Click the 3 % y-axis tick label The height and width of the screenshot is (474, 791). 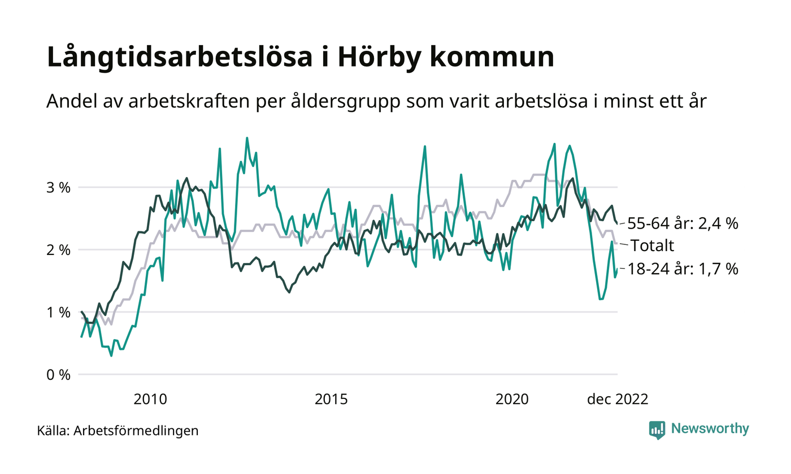(x=59, y=187)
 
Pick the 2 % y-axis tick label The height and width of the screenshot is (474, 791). (x=59, y=250)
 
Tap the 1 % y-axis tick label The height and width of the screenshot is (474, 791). (x=59, y=312)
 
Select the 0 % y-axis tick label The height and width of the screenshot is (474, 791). (x=59, y=375)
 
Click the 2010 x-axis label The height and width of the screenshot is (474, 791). (x=150, y=400)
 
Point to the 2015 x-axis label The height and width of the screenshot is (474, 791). (x=331, y=400)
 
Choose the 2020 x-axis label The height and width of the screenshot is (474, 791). (x=511, y=400)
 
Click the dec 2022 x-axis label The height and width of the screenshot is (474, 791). (x=617, y=400)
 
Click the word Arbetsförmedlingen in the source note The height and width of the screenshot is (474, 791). (x=136, y=431)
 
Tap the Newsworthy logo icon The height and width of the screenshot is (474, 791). (x=657, y=429)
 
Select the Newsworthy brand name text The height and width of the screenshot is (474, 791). (x=710, y=429)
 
